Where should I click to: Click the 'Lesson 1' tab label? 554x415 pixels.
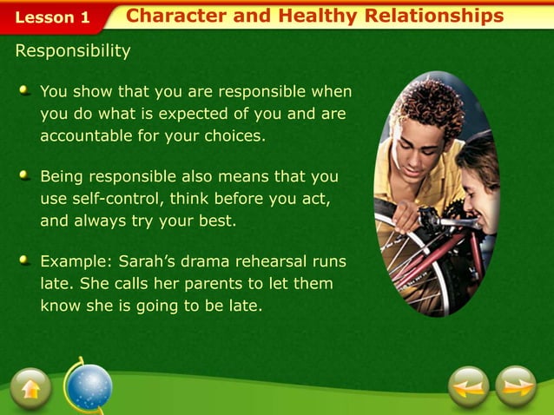[52, 17]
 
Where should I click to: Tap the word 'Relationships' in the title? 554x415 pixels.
[434, 16]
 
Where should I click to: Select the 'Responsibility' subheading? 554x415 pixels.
[73, 51]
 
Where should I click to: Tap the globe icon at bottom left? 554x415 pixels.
[89, 385]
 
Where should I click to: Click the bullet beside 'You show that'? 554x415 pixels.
[26, 90]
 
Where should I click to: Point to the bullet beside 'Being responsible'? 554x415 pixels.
[26, 175]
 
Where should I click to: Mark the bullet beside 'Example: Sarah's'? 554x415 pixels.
[26, 260]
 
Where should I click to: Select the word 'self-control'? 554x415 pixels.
[117, 199]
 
